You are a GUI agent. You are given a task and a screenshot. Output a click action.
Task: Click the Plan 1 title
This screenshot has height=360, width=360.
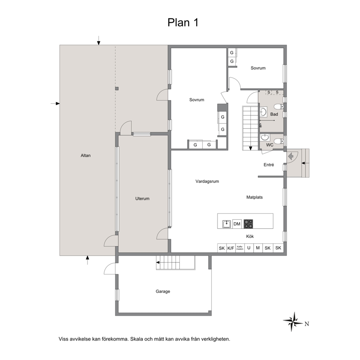(183, 22)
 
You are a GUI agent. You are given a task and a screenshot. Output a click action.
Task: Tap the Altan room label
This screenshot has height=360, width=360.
(86, 155)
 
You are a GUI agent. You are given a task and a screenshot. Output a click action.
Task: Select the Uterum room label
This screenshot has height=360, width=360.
(142, 199)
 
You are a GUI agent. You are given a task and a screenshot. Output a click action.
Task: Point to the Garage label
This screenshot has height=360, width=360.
(163, 291)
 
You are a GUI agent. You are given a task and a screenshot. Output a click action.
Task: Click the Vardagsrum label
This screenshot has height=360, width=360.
(207, 181)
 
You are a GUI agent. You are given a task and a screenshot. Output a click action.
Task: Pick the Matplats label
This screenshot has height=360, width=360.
(254, 197)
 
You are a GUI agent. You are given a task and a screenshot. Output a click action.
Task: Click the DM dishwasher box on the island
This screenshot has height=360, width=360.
(237, 224)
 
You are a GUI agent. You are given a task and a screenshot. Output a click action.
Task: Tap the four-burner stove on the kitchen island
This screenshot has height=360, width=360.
(248, 224)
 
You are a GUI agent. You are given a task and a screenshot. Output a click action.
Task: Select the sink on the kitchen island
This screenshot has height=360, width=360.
(226, 224)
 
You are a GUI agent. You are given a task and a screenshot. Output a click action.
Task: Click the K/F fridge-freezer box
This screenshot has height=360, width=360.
(231, 248)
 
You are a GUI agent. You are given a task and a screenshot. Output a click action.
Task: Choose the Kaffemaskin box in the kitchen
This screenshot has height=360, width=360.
(240, 248)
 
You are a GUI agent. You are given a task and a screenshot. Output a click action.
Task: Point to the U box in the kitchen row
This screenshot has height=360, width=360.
(249, 248)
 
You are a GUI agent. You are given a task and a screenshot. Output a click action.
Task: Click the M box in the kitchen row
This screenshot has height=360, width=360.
(258, 248)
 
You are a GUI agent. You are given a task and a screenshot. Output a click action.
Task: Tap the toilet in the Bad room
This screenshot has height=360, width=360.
(279, 107)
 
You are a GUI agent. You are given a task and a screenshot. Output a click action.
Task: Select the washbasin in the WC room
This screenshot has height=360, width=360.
(266, 137)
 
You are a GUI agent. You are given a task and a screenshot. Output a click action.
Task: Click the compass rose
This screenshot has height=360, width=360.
(293, 322)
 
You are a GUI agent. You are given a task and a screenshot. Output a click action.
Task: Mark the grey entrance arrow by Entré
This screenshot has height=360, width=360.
(291, 157)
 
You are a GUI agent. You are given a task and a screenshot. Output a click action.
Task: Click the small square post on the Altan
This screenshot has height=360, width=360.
(117, 89)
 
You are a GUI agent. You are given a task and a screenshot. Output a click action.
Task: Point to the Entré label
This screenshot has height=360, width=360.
(269, 165)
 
